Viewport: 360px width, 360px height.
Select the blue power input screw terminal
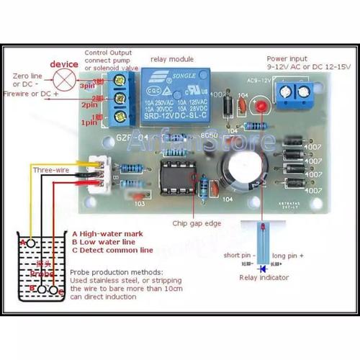coord(296,90)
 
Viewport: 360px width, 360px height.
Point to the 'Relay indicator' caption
coord(264,277)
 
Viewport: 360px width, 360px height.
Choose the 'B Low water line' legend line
coord(112,243)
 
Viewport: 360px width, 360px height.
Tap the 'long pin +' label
coord(288,256)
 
